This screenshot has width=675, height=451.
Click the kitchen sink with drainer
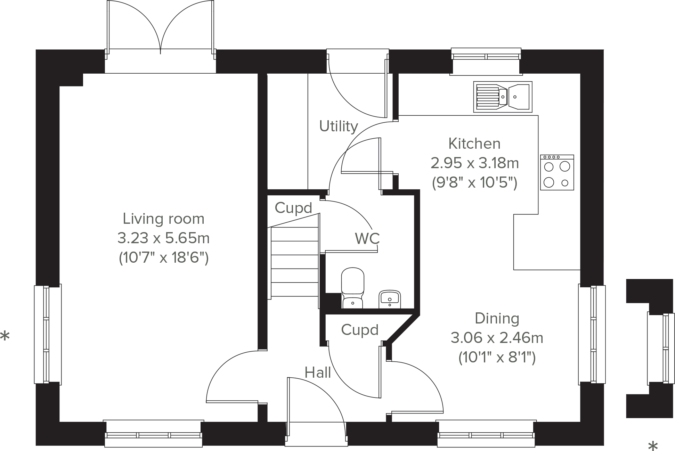503,97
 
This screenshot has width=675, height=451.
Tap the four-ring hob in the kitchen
557,172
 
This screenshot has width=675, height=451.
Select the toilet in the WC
353,288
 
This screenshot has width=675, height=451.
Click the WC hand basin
390,299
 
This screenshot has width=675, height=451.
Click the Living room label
163,219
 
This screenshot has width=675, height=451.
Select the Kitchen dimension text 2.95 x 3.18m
474,163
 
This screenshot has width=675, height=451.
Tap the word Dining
497,319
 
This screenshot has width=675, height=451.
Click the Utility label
339,126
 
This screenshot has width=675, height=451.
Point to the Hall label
318,373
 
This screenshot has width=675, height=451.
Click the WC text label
367,238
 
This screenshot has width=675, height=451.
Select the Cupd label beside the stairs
293,208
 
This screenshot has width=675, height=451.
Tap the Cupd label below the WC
360,330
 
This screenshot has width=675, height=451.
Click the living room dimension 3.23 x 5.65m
163,238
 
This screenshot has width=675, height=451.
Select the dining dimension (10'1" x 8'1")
497,357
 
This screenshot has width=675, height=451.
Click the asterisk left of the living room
5,336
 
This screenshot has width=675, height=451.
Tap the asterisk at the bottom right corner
653,445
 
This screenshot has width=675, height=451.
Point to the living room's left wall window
48,334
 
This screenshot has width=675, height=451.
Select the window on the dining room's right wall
592,334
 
